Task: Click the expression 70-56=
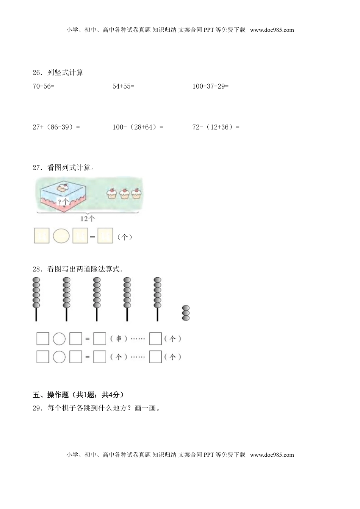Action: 44,86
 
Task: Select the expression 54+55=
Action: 123,86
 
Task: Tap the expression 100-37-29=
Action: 210,86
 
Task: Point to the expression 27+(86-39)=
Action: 56,127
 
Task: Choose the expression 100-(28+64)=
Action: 138,127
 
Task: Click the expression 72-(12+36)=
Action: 216,127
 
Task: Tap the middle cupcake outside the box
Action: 124,193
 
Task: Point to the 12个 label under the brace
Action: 88,219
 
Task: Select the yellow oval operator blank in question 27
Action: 61,236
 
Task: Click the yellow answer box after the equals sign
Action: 105,236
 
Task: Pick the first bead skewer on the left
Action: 36,298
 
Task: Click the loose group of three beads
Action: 186,313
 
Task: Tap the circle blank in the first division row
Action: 59,339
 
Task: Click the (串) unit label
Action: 119,339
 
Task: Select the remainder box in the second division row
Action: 155,357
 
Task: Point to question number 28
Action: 37,269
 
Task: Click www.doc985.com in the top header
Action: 272,30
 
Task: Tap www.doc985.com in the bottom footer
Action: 272,455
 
